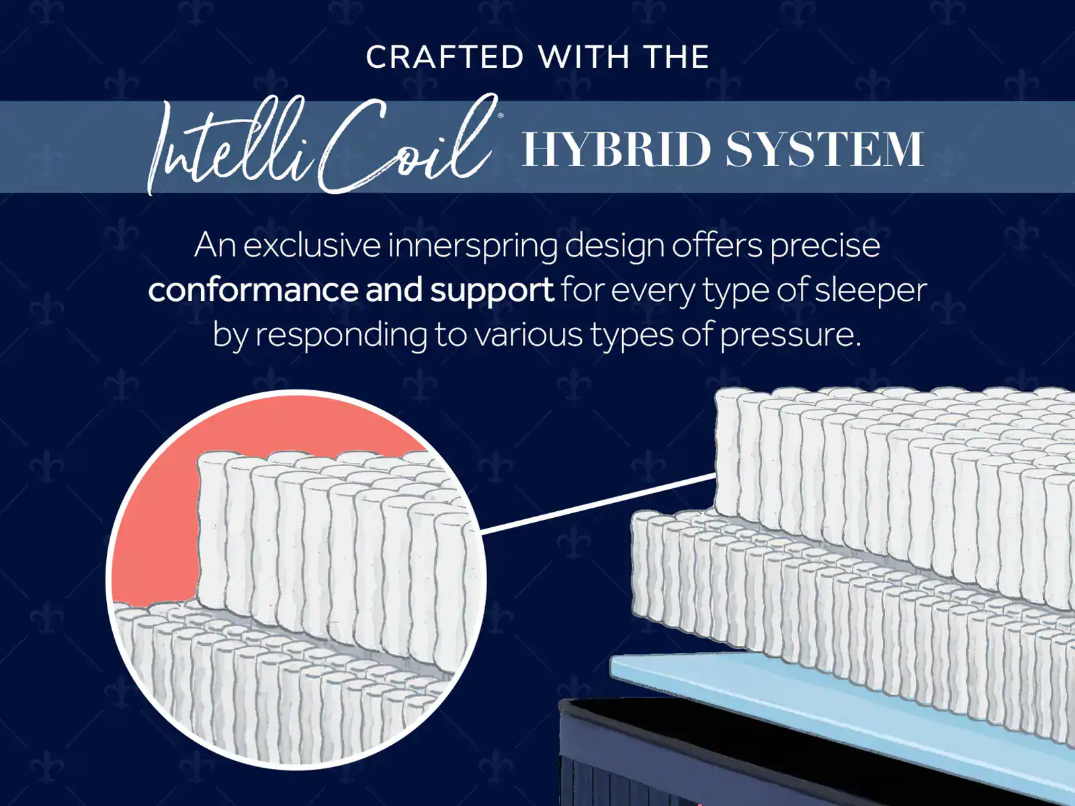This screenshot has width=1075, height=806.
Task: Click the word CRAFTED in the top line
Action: (x=445, y=57)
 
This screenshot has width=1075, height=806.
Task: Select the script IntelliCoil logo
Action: (x=323, y=144)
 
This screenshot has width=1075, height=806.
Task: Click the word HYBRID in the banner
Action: (x=617, y=149)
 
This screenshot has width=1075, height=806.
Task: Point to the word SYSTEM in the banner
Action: (x=825, y=149)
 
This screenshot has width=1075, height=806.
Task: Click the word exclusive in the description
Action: (x=312, y=245)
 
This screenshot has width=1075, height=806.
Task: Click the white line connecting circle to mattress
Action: (x=599, y=502)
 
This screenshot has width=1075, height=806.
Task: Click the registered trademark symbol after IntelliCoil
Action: (x=500, y=116)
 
